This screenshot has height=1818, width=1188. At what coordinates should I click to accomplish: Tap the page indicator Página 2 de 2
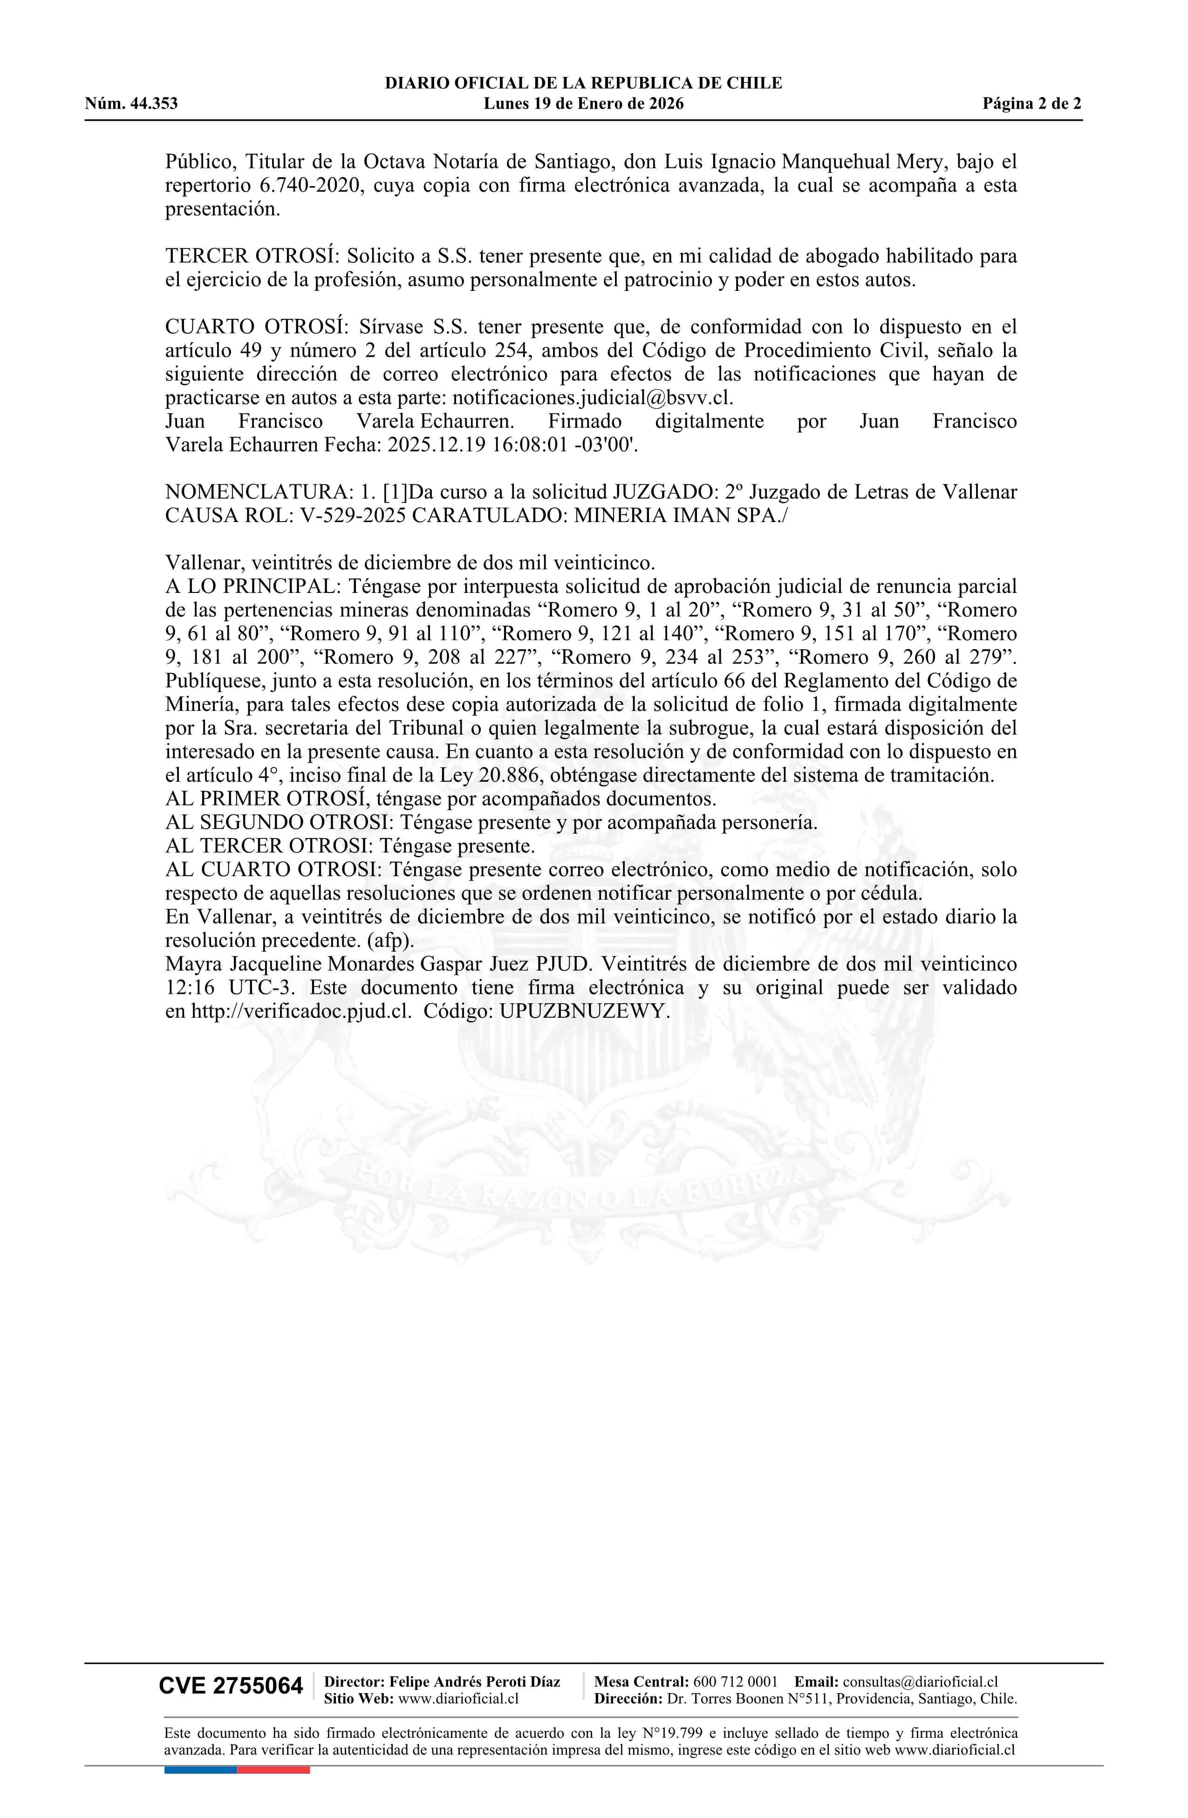tap(1031, 104)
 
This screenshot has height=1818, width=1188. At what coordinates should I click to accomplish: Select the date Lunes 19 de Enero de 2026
tap(583, 104)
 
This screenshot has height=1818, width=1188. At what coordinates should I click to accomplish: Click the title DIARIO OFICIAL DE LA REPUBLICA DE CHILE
tap(583, 83)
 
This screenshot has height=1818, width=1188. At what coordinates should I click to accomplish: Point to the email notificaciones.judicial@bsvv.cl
tap(593, 398)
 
